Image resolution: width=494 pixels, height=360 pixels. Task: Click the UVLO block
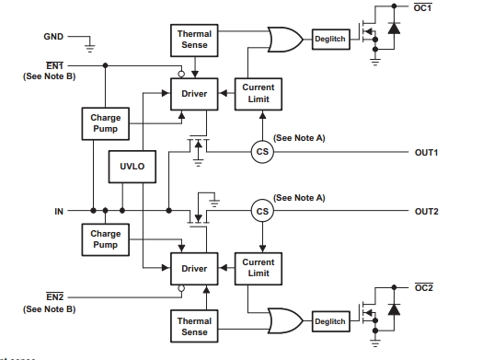(132, 168)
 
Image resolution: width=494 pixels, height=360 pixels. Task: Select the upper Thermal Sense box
(194, 40)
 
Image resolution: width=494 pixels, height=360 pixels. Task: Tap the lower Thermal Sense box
(194, 327)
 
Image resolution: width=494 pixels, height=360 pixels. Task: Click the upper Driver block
(194, 94)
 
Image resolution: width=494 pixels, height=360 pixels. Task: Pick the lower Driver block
(194, 268)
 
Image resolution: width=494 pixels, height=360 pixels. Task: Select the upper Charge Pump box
(105, 123)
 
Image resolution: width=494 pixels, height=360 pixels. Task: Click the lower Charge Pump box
(105, 239)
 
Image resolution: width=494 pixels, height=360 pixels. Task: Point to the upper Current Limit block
(258, 94)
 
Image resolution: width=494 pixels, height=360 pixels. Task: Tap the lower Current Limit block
(258, 268)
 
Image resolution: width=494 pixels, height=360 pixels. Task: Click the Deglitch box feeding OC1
(329, 40)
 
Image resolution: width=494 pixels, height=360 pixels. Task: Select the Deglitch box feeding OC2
(329, 321)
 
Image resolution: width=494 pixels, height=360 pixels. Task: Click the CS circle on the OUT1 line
(263, 152)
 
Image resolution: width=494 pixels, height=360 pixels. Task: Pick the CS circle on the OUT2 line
(263, 211)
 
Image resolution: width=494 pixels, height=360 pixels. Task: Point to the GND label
(54, 37)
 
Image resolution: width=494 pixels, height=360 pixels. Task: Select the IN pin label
(58, 211)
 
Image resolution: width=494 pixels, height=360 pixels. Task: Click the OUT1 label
(427, 152)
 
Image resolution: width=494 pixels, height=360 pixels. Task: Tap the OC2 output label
(423, 287)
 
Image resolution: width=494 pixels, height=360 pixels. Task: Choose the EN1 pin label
(54, 65)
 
